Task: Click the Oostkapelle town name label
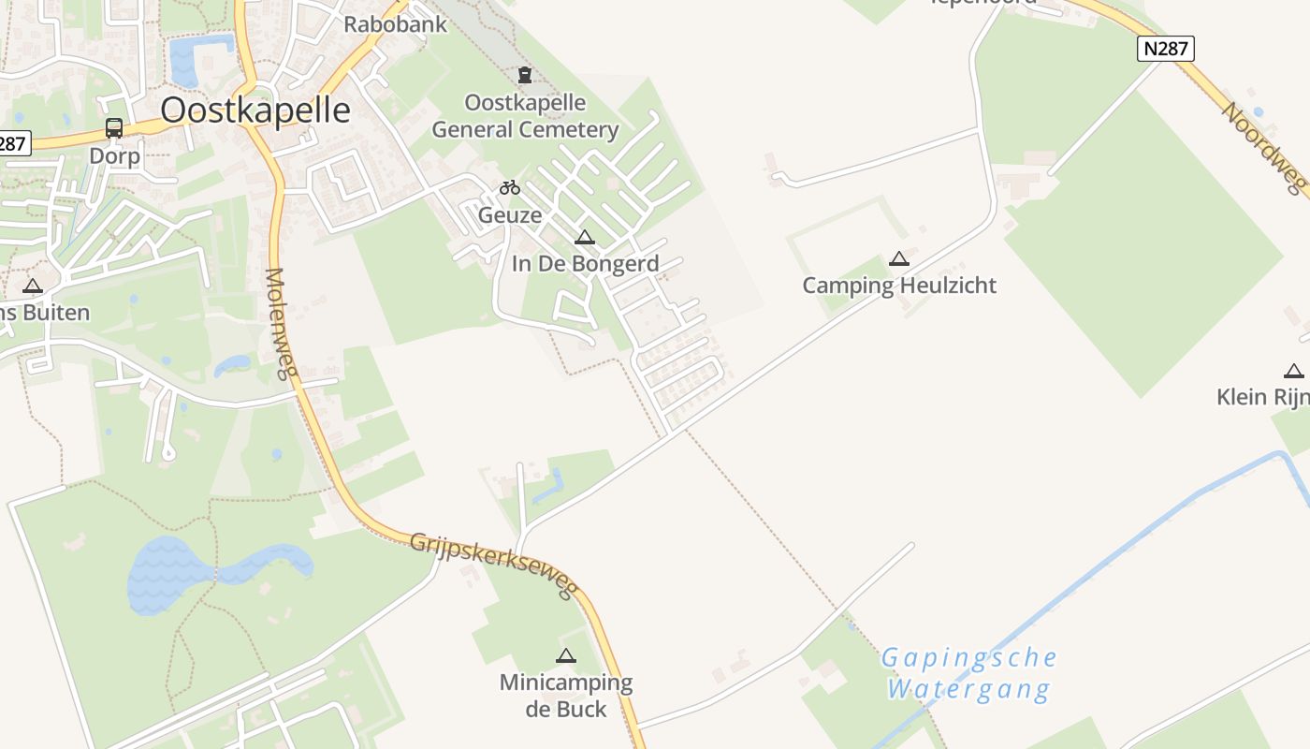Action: (x=255, y=110)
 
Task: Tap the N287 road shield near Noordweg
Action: (x=1166, y=49)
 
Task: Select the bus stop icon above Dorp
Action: (x=114, y=128)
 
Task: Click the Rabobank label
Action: (x=396, y=24)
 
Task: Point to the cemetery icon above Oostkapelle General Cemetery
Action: (x=525, y=75)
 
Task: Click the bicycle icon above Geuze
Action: (x=510, y=187)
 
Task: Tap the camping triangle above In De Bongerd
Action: (x=585, y=237)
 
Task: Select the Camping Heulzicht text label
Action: (x=899, y=286)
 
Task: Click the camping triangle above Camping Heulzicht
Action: (x=899, y=258)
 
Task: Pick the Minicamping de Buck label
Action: (x=565, y=695)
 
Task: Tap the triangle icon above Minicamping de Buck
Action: (x=565, y=655)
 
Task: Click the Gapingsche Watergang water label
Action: (x=968, y=673)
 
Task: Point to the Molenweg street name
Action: (x=278, y=324)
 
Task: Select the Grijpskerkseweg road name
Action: (x=492, y=565)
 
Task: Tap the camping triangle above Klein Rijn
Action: (x=1294, y=371)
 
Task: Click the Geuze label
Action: (x=510, y=215)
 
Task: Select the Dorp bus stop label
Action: (x=114, y=155)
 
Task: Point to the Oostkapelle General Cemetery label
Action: (x=525, y=116)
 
